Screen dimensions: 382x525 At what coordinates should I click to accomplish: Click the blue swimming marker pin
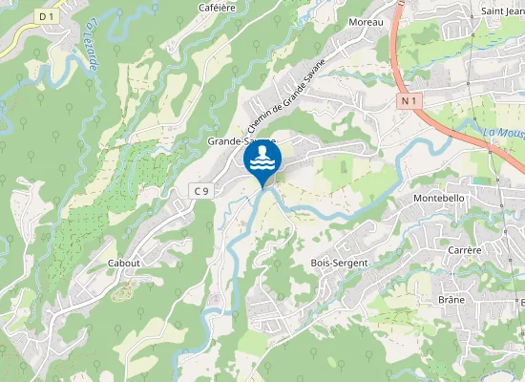click(262, 160)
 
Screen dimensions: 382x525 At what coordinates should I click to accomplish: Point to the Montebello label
click(438, 198)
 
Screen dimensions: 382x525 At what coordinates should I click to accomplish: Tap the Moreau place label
click(366, 21)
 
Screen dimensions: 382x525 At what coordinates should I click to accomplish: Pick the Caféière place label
click(217, 7)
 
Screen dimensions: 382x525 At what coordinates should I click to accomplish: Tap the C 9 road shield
click(200, 191)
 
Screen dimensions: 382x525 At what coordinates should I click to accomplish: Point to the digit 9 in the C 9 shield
click(205, 191)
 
